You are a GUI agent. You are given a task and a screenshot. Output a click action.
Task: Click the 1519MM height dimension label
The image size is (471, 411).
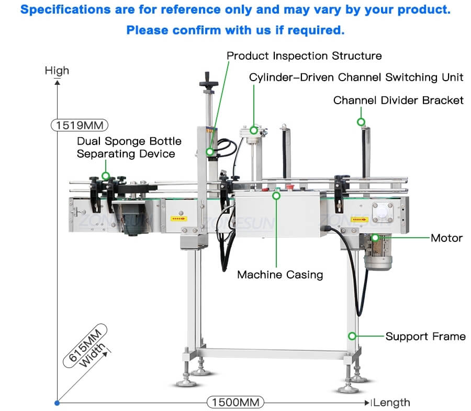[x=79, y=125]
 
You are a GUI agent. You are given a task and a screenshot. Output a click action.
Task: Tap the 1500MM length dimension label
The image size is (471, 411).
[x=235, y=402]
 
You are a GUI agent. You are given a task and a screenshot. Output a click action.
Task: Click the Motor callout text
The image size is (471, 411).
[x=446, y=238]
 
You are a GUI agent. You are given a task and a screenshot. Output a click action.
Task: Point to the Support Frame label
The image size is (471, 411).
[x=425, y=336]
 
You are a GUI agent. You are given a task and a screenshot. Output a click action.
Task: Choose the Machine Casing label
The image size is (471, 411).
[x=280, y=274]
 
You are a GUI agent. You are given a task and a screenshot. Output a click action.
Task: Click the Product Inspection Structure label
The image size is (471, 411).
[x=304, y=55]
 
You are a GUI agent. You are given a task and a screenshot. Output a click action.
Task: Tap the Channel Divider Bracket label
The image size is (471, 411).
[x=398, y=99]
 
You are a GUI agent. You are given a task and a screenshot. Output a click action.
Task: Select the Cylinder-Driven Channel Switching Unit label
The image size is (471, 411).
[x=356, y=77]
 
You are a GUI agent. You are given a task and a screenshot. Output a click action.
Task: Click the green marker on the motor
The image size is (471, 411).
[x=375, y=238]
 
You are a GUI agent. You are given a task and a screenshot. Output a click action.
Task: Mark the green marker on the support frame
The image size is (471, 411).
[x=353, y=336]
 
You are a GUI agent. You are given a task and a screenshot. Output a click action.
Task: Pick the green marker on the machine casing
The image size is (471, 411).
[x=276, y=195]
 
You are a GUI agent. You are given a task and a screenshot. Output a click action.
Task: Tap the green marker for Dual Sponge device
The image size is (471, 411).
[x=105, y=176]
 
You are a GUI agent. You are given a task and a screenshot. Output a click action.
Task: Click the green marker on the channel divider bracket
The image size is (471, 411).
[x=361, y=122]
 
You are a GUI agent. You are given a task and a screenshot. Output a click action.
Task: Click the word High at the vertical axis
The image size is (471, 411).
[x=57, y=70]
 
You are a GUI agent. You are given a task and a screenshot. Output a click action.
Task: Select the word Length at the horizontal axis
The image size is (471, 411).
[x=392, y=402]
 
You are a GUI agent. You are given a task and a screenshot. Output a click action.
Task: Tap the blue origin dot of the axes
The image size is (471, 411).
[x=57, y=403]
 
